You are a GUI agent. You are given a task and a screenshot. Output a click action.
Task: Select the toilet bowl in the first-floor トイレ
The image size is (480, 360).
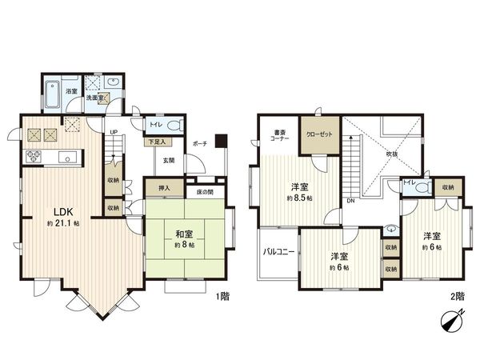click(174, 126)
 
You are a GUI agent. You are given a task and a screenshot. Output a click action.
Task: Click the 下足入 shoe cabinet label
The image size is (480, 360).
click(157, 142)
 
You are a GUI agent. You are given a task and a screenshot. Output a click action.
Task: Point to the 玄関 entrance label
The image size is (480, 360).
click(170, 159)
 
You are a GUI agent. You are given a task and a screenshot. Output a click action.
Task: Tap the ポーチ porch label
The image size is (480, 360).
click(201, 143)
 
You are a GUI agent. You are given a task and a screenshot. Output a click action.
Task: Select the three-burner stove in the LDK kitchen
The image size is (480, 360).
click(35, 157)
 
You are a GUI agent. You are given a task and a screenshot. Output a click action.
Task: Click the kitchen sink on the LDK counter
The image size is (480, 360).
click(67, 156)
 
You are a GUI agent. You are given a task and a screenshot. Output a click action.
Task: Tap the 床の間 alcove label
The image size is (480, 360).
click(204, 192)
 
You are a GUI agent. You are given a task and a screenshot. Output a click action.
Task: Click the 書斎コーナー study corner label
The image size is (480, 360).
click(279, 135)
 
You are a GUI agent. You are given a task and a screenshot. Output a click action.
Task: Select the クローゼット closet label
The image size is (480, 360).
click(320, 134)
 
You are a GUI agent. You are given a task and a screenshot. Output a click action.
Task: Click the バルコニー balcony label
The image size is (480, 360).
click(278, 252)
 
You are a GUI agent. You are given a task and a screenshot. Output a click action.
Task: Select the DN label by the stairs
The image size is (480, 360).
click(350, 201)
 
